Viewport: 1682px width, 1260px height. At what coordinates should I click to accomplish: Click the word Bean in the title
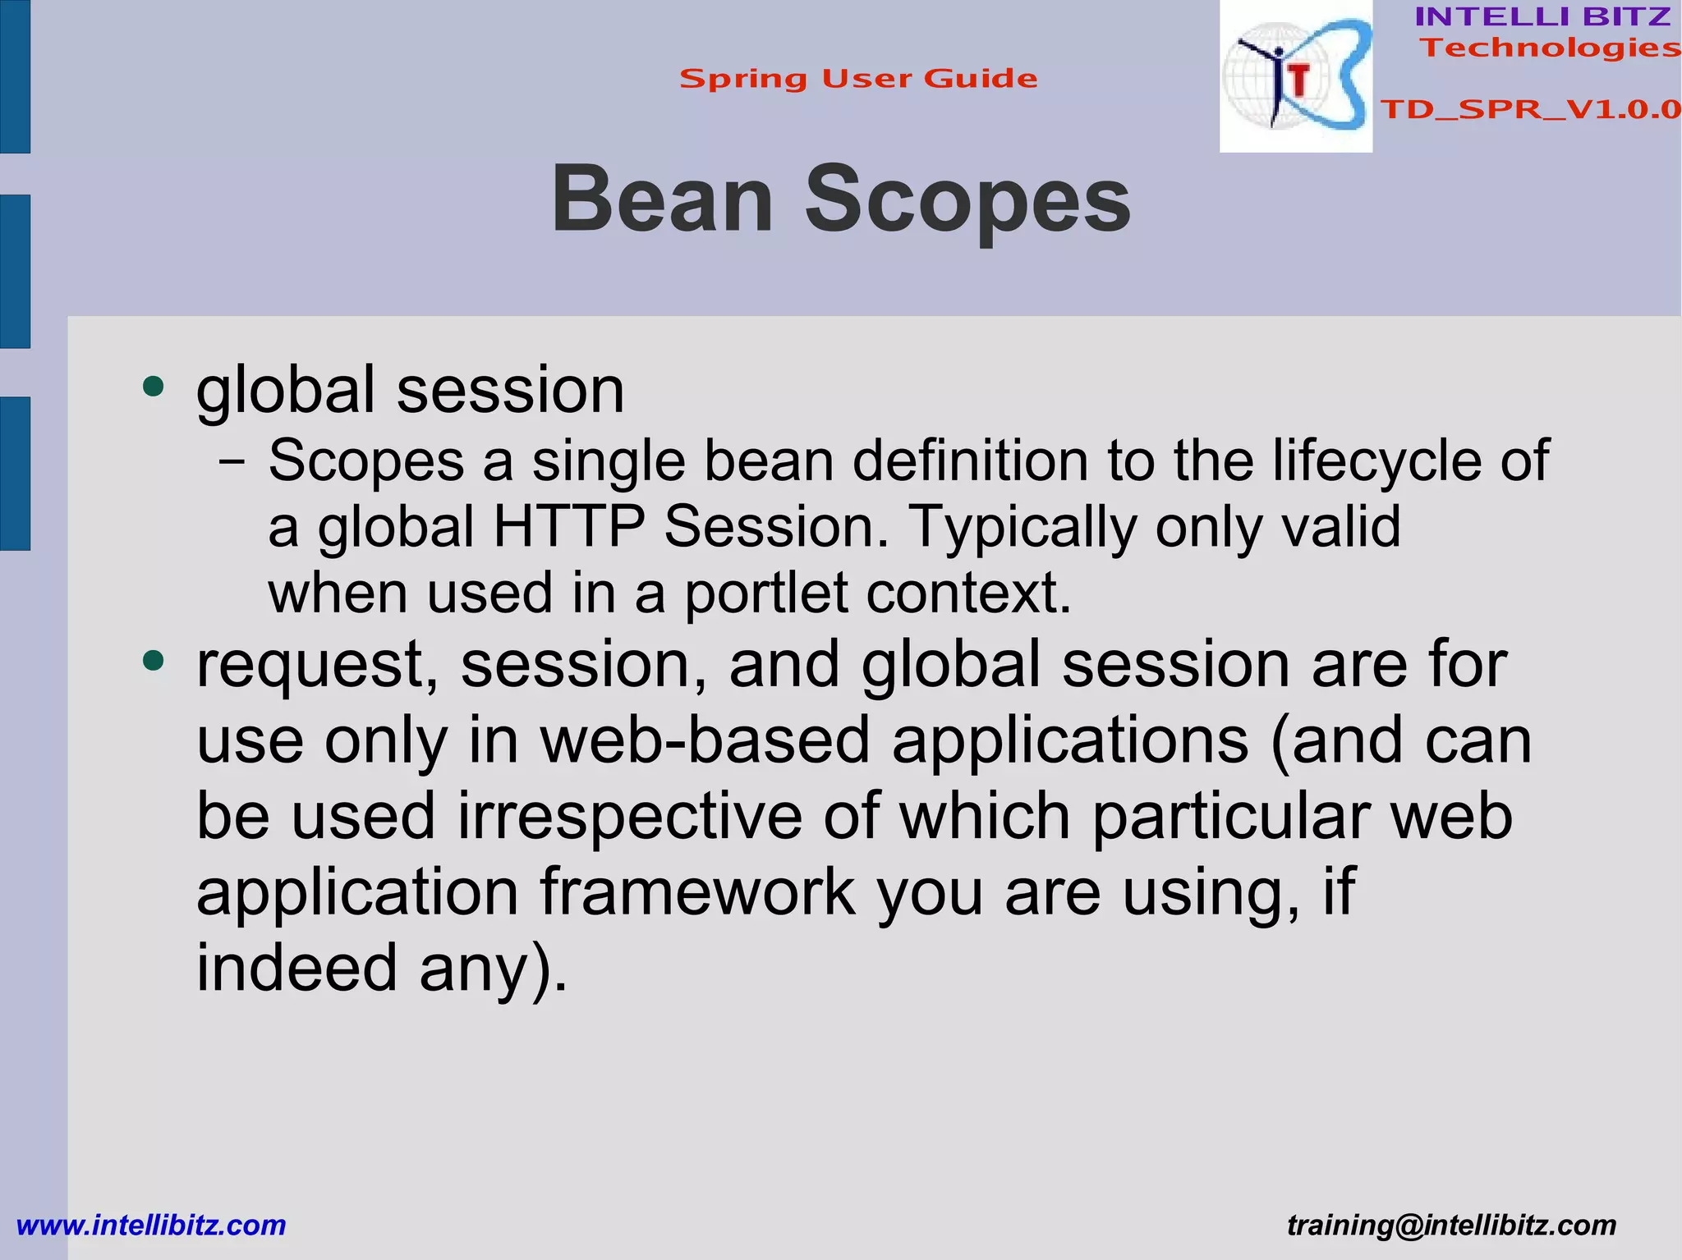point(662,199)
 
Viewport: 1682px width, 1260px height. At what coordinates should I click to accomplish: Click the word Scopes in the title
point(967,199)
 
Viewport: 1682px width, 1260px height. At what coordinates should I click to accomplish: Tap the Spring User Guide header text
point(858,79)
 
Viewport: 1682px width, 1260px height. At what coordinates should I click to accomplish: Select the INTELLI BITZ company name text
point(1542,16)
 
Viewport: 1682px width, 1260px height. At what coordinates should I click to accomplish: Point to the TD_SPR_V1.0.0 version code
point(1530,109)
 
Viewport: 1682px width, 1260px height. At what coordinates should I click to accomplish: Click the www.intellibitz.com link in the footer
point(151,1225)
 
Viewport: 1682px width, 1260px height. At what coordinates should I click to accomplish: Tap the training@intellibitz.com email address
point(1451,1225)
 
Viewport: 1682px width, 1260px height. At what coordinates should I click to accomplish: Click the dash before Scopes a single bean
point(232,462)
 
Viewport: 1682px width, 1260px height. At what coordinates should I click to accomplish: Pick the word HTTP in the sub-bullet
point(568,526)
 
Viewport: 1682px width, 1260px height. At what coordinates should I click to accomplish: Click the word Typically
point(1022,526)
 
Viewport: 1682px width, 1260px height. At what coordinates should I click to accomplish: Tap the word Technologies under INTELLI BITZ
point(1549,48)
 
